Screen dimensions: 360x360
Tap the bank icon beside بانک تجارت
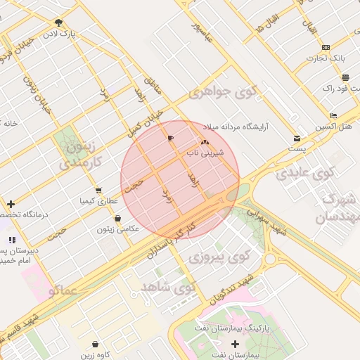[325, 48]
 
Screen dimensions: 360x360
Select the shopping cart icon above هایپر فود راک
[325, 76]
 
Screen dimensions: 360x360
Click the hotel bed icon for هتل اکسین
[333, 115]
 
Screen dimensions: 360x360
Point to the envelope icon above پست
[297, 139]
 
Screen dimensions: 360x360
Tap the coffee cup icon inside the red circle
[170, 139]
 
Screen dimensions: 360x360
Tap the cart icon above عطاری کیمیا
[98, 190]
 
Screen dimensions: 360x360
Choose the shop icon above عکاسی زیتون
[117, 217]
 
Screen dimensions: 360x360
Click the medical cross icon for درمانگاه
[11, 204]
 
